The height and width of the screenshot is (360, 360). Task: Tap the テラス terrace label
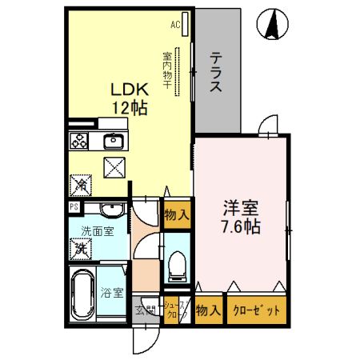[x=216, y=73]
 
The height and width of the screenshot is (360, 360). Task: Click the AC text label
[x=174, y=25]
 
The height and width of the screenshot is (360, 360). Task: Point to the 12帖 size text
[x=129, y=109]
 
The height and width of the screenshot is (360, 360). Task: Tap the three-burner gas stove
[x=80, y=142]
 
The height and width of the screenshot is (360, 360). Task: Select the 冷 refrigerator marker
[x=81, y=185]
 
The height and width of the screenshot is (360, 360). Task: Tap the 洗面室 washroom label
[x=97, y=232]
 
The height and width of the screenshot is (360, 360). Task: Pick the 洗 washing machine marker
[x=81, y=249]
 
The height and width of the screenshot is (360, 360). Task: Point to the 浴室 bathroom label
[x=112, y=292]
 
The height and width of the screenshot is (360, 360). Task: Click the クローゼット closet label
[x=256, y=311]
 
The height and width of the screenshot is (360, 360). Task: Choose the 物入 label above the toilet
[x=177, y=214]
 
